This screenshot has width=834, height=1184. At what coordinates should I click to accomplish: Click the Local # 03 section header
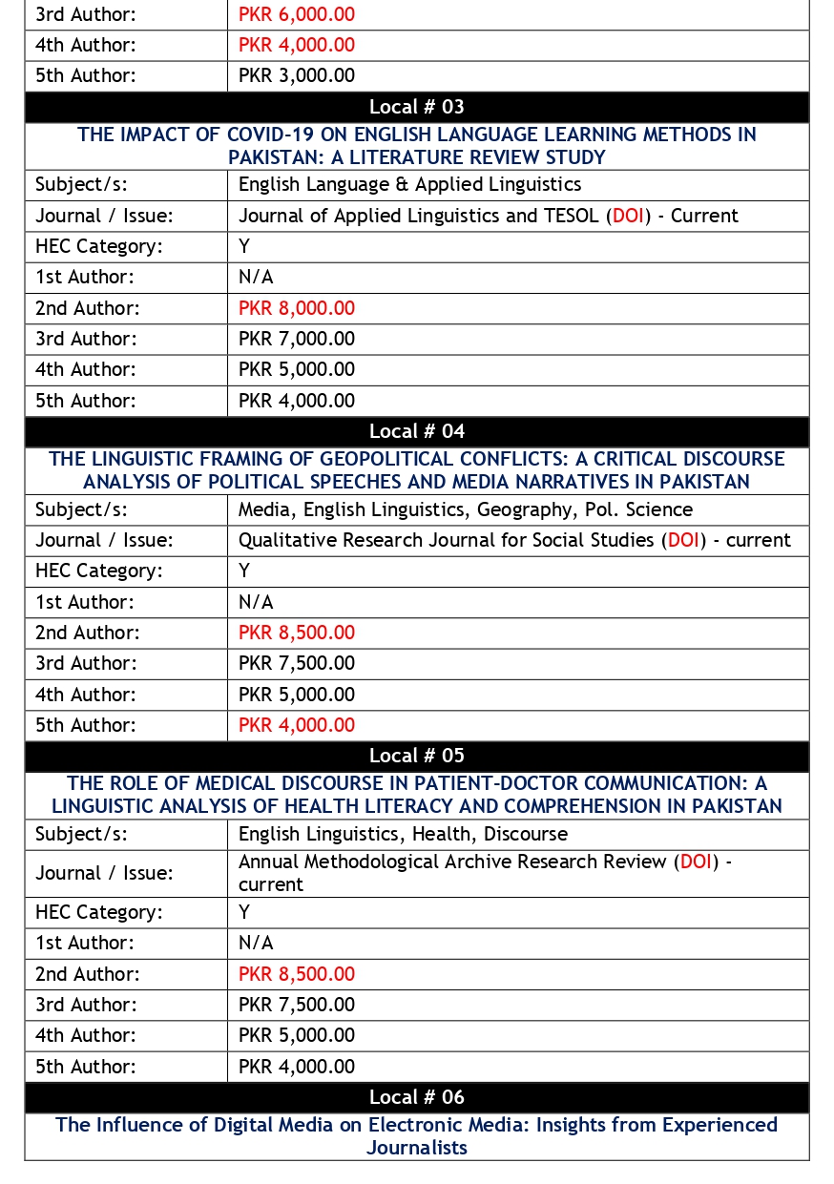[x=417, y=107]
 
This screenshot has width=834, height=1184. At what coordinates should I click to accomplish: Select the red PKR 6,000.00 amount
[x=296, y=14]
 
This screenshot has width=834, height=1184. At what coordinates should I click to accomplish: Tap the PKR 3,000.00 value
[x=296, y=75]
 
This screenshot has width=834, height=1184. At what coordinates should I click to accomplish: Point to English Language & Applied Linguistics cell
[x=409, y=184]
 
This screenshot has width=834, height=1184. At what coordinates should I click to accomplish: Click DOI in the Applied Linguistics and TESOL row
[x=628, y=216]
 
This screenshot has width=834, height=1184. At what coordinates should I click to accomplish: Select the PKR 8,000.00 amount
[x=296, y=308]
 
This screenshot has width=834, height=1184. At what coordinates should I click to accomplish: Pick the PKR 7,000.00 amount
[x=296, y=339]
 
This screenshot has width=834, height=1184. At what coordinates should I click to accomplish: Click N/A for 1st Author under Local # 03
[x=256, y=277]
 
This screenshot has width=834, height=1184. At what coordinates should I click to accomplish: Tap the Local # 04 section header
[x=417, y=431]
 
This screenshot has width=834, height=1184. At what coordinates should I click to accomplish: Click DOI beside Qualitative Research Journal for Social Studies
[x=683, y=540]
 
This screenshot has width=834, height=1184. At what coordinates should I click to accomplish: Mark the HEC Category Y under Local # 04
[x=244, y=571]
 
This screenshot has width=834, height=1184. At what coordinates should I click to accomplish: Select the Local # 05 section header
[x=417, y=756]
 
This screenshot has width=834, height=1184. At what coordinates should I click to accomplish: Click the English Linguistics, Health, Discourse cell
[x=403, y=834]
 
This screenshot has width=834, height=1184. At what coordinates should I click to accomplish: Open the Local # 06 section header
[x=417, y=1097]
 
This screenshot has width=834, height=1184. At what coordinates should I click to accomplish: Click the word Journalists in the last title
[x=417, y=1148]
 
